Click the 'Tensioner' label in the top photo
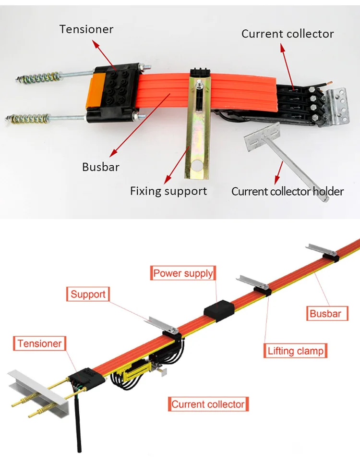[86, 29]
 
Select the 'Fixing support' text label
[168, 191]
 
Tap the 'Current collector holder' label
[288, 191]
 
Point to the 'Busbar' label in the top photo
[100, 167]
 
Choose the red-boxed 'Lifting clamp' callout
[295, 351]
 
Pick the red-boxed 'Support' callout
[88, 294]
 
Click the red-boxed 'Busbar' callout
[325, 314]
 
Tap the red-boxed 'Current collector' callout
[208, 405]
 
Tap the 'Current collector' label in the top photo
[287, 34]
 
